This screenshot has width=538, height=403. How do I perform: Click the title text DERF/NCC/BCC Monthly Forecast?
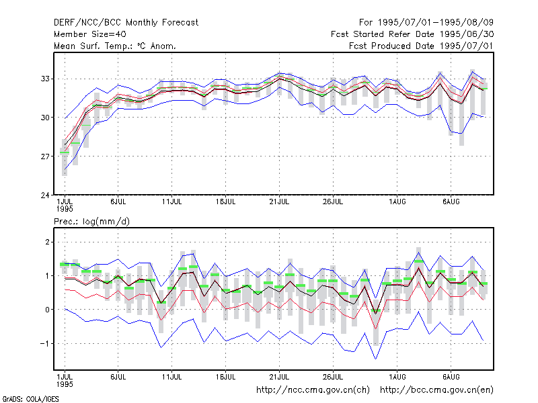(x=126, y=23)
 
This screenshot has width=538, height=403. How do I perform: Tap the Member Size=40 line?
(x=90, y=34)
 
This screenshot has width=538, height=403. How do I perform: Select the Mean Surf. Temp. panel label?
(x=115, y=46)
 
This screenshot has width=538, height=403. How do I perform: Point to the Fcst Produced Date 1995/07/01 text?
(x=421, y=46)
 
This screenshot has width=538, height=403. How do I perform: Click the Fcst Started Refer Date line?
(x=412, y=34)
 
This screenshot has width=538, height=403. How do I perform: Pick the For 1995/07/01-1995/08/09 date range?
(x=426, y=23)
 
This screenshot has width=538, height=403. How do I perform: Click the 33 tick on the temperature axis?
(x=45, y=79)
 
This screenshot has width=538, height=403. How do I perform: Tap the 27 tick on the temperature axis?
(x=45, y=156)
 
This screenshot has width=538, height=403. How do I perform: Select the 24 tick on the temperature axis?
(x=45, y=195)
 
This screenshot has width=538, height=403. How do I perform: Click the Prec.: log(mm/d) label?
(x=91, y=222)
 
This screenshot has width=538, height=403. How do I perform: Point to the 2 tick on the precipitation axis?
(x=47, y=242)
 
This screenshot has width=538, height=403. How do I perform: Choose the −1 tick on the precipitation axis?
(x=44, y=343)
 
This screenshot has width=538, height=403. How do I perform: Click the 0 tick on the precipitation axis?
(x=47, y=310)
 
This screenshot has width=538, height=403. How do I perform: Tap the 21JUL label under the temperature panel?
(x=279, y=202)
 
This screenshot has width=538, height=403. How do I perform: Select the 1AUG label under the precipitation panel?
(x=397, y=377)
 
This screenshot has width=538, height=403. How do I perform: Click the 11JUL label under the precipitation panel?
(x=172, y=377)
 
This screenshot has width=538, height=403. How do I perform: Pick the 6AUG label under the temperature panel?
(x=451, y=202)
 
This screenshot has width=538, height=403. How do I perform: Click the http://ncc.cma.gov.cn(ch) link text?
(x=313, y=390)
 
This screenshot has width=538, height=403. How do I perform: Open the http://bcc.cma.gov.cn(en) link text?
(x=436, y=390)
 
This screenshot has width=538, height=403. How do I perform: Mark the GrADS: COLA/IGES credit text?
(x=30, y=399)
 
